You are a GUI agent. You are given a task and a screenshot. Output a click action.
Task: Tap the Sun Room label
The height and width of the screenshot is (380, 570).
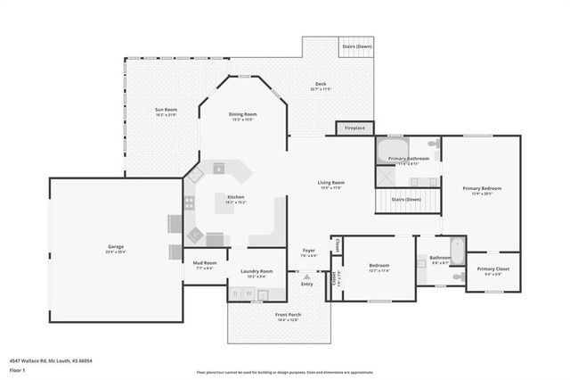click(x=167, y=111)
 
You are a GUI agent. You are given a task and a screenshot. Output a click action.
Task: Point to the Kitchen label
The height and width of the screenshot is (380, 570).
click(x=236, y=197)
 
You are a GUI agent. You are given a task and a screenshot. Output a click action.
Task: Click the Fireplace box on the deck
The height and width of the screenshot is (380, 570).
click(x=354, y=128)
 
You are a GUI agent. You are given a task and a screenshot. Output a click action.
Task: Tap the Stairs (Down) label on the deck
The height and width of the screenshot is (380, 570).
click(x=358, y=45)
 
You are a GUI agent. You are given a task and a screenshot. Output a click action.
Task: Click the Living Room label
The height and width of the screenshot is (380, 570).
click(x=331, y=183)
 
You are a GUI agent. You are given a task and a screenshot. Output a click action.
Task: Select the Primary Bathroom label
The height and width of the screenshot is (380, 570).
click(x=408, y=159)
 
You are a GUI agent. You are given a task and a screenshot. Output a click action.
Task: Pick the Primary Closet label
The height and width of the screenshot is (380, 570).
click(x=493, y=268)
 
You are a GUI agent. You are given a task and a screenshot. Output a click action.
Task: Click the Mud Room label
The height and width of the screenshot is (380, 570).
click(x=205, y=263)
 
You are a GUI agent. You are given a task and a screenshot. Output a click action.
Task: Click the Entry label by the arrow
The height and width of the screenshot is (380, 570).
click(x=307, y=284)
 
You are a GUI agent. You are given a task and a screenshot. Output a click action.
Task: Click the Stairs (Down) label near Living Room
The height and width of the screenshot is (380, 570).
click(x=407, y=200)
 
